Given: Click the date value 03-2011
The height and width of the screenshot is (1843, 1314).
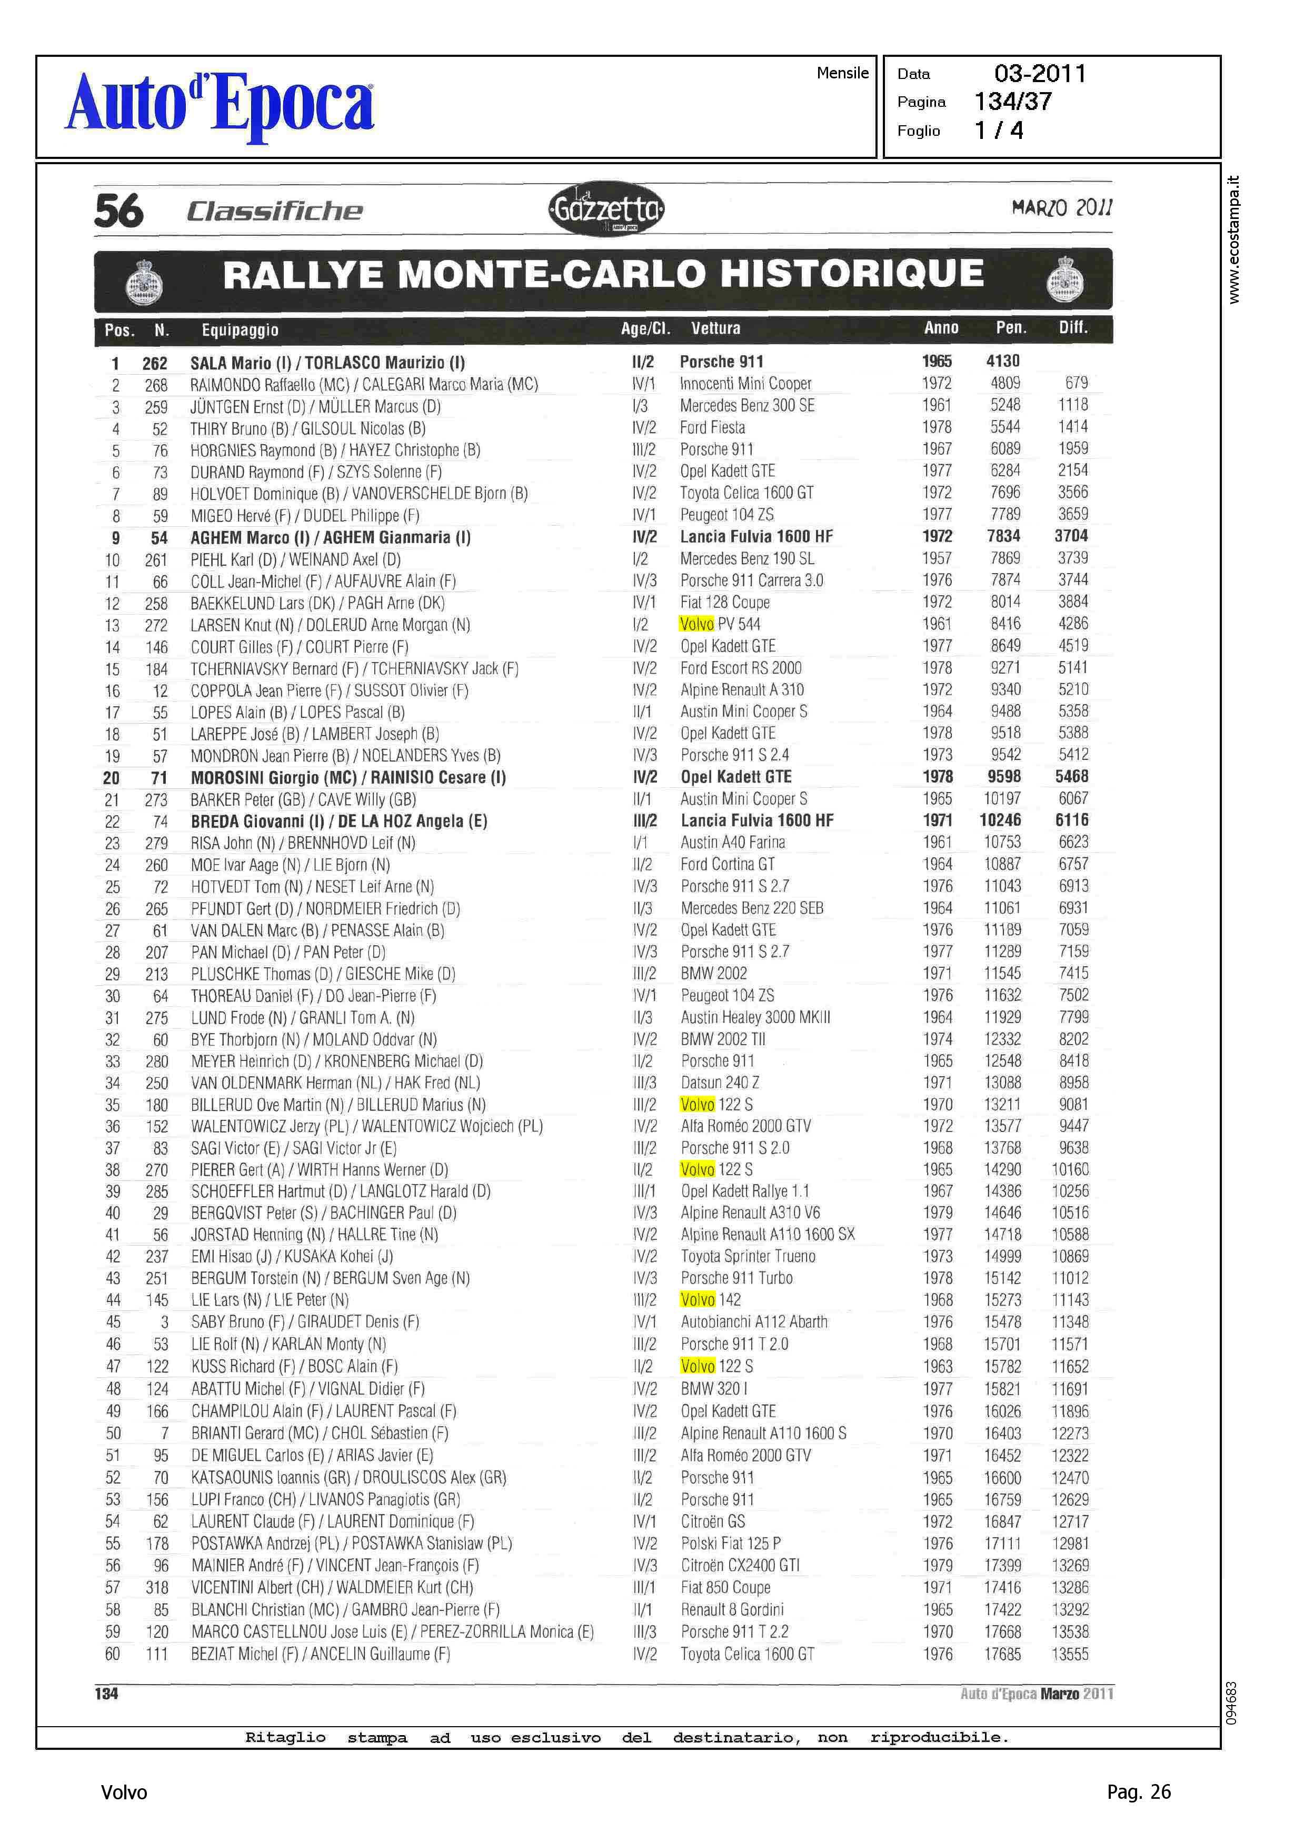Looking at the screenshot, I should click(x=1040, y=74).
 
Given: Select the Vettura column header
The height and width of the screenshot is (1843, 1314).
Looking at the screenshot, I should click(x=715, y=328).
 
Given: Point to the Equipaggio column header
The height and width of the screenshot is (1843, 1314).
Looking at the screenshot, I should click(x=240, y=330).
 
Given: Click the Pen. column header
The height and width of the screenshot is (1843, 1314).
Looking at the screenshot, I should click(x=1011, y=327).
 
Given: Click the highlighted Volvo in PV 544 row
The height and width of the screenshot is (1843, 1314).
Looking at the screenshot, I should click(x=696, y=624).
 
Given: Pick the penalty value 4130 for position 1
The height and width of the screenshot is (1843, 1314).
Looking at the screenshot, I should click(x=1002, y=362).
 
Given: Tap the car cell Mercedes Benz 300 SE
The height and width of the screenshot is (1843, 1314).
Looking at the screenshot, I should click(x=747, y=405).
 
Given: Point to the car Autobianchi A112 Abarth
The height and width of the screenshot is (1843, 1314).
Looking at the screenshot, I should click(x=753, y=1322).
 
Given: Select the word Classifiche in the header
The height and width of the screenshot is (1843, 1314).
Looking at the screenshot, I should click(x=274, y=211).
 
